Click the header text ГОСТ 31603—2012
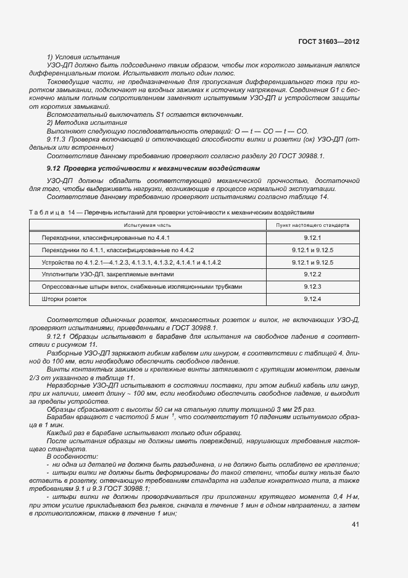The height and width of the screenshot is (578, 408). (329, 41)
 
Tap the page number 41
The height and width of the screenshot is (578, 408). (356, 525)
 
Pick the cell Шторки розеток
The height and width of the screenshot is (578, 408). (64, 299)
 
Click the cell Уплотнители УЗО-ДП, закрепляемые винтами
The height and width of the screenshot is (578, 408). (107, 274)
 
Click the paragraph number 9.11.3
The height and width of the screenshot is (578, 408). (57, 140)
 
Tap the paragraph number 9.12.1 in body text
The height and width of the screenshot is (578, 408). (57, 335)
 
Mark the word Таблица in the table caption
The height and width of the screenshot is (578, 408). (47, 213)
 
